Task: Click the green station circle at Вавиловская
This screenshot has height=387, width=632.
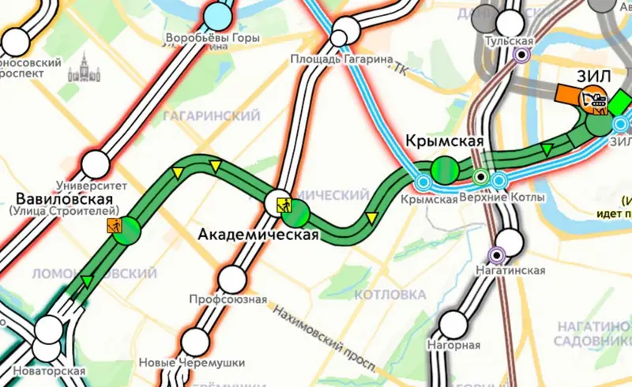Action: (x=126, y=230)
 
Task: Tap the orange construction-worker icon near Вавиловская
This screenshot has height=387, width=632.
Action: (x=115, y=227)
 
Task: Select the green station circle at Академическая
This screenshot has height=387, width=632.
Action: (x=296, y=212)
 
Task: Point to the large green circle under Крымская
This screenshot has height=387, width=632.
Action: (x=445, y=169)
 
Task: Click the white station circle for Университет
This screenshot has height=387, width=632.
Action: (x=96, y=164)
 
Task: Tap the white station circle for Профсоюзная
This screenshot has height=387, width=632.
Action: (x=231, y=279)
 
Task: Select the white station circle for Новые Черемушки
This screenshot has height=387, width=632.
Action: (x=194, y=343)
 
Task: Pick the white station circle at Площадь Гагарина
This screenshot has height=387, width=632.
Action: (x=340, y=37)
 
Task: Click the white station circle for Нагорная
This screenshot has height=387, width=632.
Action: (x=453, y=324)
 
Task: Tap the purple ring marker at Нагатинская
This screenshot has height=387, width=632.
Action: (x=497, y=254)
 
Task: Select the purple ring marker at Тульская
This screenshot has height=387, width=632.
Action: (x=521, y=54)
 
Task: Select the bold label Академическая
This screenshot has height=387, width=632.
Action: (x=258, y=235)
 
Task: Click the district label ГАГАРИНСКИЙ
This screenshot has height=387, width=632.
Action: (x=211, y=116)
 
